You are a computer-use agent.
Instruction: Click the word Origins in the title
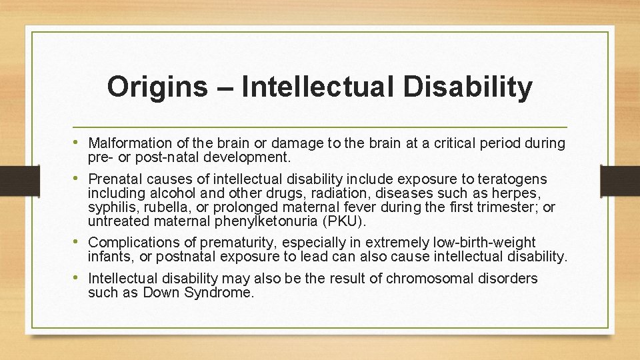pyautogui.click(x=157, y=87)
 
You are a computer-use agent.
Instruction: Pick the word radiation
pyautogui.click(x=331, y=193)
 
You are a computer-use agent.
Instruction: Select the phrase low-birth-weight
pyautogui.click(x=486, y=243)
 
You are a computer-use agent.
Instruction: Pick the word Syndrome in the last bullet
pyautogui.click(x=221, y=293)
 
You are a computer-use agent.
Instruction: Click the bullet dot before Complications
pyautogui.click(x=79, y=242)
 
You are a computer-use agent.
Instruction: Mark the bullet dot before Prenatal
pyautogui.click(x=79, y=179)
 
